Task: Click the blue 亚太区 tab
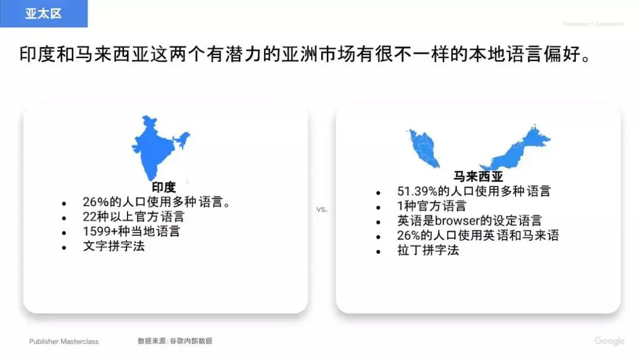pos(43,14)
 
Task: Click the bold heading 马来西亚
pos(478,177)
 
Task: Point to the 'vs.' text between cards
pos(322,209)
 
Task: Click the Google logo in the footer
pos(610,341)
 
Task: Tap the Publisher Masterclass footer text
pos(64,342)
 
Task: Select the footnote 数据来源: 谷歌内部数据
pos(175,341)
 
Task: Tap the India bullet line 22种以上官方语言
pos(134,216)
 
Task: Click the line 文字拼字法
pos(113,246)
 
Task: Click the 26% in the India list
pos(94,202)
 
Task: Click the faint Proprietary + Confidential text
pos(593,24)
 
